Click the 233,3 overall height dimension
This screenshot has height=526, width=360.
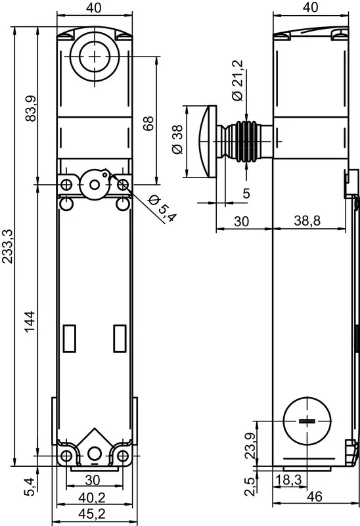(x=8, y=246)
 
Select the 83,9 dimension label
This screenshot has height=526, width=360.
(x=31, y=108)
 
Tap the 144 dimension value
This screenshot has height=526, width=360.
(x=30, y=322)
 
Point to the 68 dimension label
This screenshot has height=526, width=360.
(x=148, y=123)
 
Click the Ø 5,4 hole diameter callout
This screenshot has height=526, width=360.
(x=162, y=208)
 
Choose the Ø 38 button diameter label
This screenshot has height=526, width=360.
(x=177, y=139)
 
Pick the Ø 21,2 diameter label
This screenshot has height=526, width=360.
(x=238, y=80)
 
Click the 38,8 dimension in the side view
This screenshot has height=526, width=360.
(x=307, y=221)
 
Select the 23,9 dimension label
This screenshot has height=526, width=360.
(x=250, y=446)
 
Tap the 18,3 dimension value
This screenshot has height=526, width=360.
(x=288, y=480)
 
